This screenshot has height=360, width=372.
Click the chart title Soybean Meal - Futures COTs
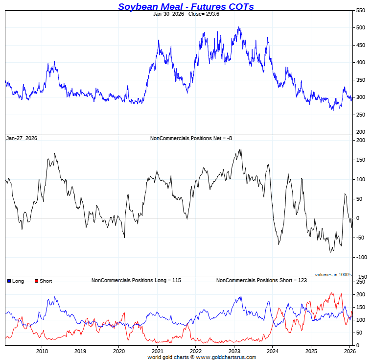186,6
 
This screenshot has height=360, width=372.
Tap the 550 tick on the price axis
360,10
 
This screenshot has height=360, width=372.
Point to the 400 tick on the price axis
360,62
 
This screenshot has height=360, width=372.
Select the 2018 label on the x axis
42,351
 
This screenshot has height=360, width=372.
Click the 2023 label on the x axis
234,351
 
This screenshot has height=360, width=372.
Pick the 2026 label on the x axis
349,351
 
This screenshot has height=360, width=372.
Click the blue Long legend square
9,281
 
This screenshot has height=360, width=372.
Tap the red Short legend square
36,281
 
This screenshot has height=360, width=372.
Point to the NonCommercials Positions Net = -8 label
191,138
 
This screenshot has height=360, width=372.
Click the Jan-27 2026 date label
22,138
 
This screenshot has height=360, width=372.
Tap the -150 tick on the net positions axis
361,277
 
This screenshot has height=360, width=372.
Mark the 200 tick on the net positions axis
360,140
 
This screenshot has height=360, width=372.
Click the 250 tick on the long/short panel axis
360,282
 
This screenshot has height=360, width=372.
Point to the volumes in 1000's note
333,274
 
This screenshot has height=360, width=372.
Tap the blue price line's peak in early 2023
239,27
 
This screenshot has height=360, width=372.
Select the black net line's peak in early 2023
240,149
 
